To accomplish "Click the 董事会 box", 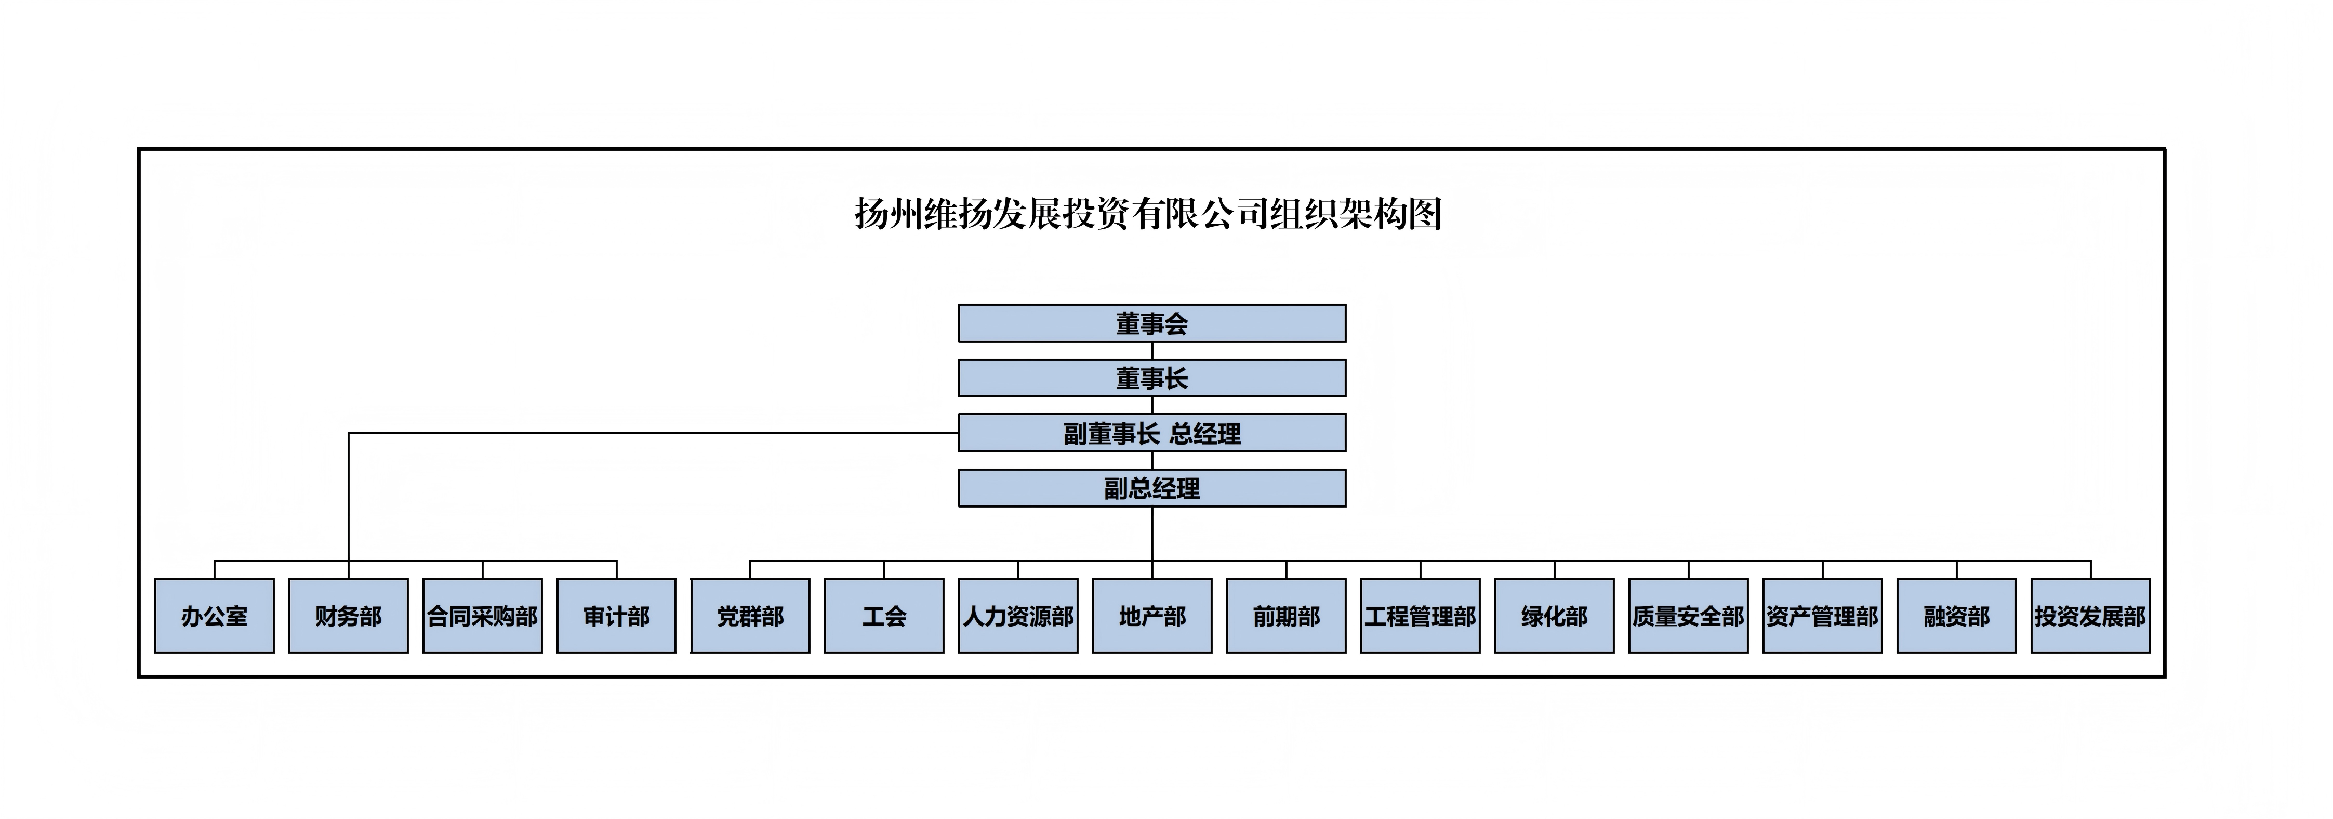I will point(1152,323).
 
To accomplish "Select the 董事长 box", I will point(1152,378).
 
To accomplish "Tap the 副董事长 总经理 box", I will point(1152,433).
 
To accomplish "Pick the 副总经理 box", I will point(1152,488).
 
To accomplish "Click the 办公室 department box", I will point(215,616).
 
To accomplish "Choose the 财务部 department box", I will point(349,616).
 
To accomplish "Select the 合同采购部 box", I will point(483,616).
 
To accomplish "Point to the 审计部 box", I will point(617,616).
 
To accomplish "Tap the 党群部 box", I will point(751,616).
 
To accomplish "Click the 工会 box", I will point(885,616).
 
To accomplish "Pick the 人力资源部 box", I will point(1019,616).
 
